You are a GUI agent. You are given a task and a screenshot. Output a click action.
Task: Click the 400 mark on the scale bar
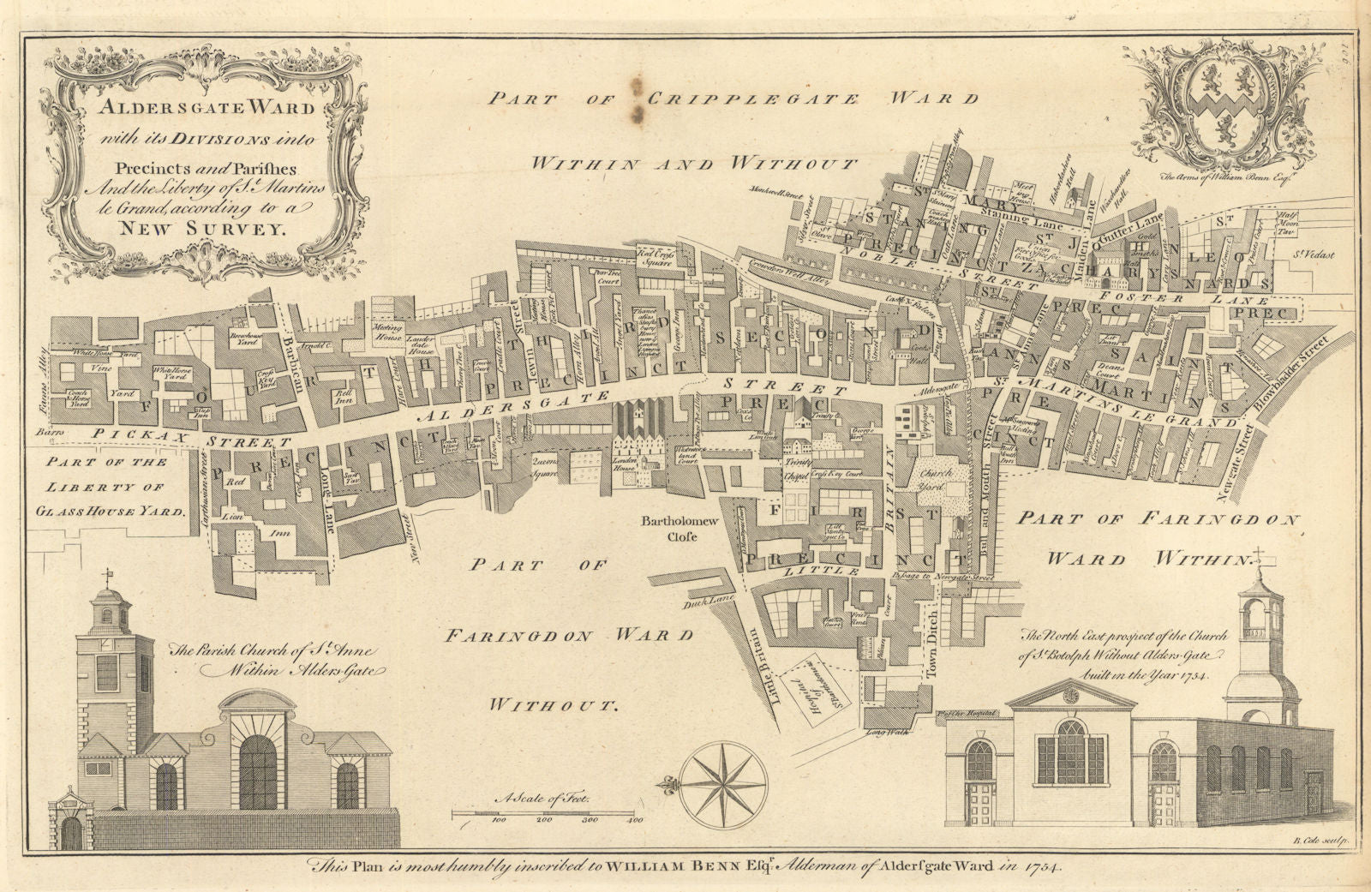coord(635,821)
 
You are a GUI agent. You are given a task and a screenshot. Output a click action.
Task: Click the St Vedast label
coord(1308,253)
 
